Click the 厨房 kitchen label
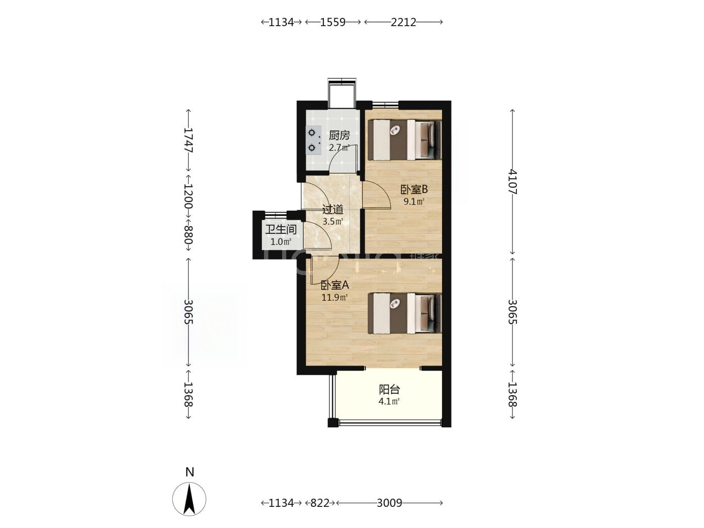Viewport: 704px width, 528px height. [x=339, y=136]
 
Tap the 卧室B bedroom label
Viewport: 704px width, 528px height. [x=414, y=190]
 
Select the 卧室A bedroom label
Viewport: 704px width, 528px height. [x=334, y=285]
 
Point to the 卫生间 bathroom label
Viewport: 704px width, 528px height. [x=281, y=229]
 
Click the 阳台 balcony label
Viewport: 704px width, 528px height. [x=389, y=390]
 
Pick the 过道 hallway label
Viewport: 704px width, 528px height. [x=333, y=210]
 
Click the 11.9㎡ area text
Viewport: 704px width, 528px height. [x=334, y=298]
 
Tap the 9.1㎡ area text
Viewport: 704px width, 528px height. [x=414, y=202]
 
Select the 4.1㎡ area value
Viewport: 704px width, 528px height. [x=389, y=401]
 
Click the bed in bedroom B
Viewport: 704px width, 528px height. [x=404, y=139]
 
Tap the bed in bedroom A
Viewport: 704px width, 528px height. [x=404, y=313]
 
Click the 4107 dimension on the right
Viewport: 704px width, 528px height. [x=512, y=182]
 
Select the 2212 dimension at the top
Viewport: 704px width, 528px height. [x=403, y=22]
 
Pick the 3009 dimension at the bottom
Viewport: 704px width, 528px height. [x=389, y=503]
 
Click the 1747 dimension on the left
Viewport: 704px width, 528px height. [x=188, y=140]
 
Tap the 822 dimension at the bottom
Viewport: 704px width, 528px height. [x=320, y=503]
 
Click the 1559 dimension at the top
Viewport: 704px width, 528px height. [x=332, y=22]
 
